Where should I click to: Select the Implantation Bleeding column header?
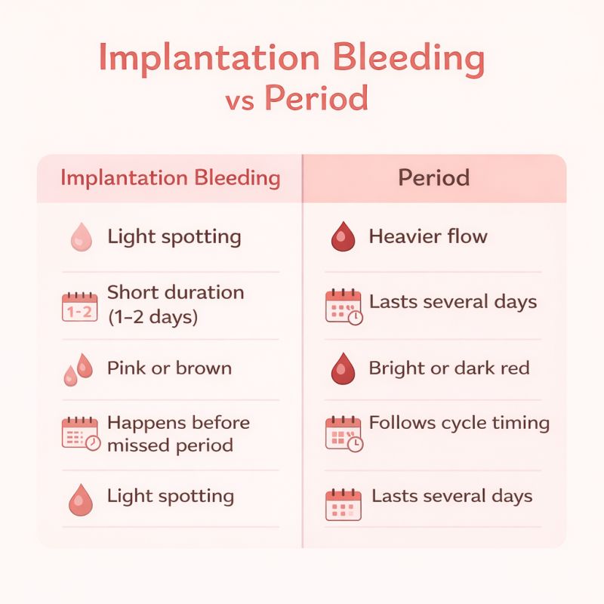[170, 178]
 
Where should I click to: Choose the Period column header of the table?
[433, 178]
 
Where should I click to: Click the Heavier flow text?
[427, 236]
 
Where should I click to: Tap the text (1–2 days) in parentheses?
[153, 317]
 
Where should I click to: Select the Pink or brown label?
[169, 368]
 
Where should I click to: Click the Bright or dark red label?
[448, 368]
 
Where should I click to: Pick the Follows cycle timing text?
[459, 423]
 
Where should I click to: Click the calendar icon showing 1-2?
[79, 306]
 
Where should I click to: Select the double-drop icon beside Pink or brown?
[79, 368]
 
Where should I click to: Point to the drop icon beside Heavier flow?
[344, 236]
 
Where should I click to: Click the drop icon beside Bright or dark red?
[344, 368]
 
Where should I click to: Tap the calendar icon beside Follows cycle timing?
[344, 434]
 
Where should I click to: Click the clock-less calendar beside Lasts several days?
[344, 504]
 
